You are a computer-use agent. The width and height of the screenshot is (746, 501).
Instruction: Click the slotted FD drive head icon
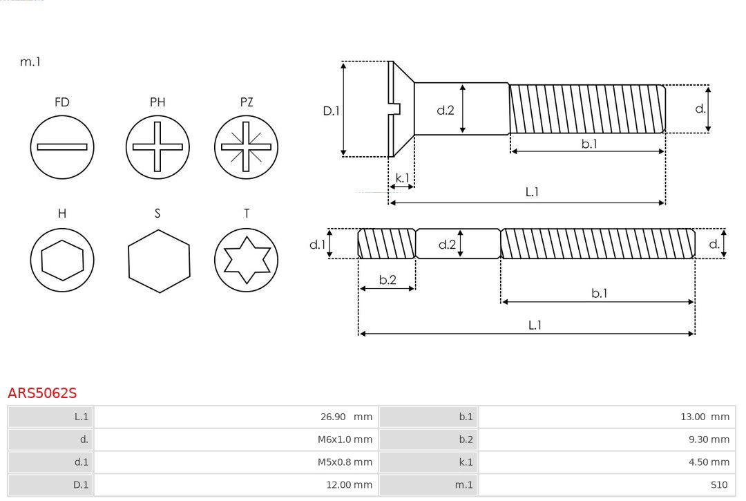point(62,146)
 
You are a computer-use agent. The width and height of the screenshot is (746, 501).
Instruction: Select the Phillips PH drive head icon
point(157,146)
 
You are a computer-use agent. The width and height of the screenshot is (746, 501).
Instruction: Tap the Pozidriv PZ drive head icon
point(246,146)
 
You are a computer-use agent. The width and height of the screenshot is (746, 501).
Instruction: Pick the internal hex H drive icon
point(62,261)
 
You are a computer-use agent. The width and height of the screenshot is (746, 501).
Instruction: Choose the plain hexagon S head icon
point(158,261)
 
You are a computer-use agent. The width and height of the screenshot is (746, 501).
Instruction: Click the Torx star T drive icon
point(246,261)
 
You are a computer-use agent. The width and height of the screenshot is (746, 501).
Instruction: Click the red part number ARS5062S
point(42,393)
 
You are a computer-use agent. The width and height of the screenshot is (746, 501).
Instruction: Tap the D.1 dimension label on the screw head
point(332,110)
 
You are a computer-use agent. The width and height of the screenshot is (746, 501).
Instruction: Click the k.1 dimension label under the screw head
point(402,178)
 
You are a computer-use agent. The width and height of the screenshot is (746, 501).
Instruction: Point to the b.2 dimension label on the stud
point(388,280)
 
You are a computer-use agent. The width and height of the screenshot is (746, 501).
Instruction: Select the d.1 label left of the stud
point(316,244)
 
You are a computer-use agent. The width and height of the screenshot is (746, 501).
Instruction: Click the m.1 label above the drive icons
point(30,62)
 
